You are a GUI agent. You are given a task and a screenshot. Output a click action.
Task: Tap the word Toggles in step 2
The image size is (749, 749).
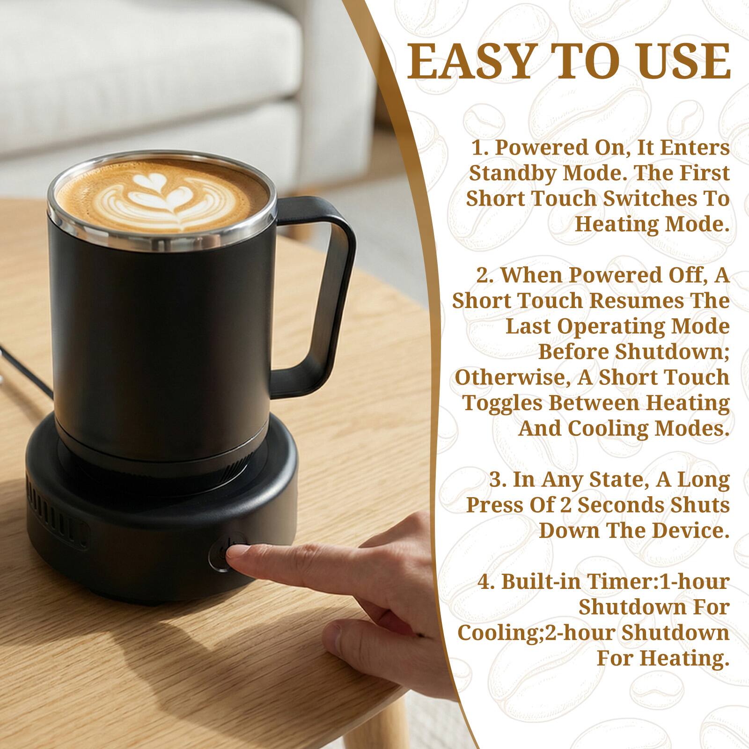pos(503,403)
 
